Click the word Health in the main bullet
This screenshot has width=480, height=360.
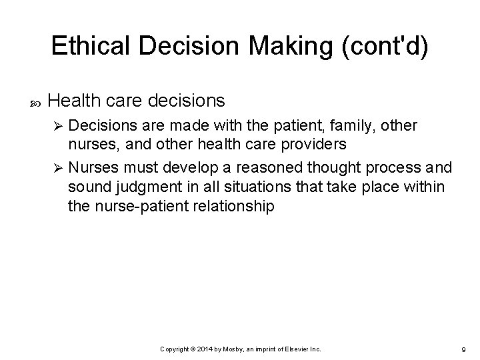(x=74, y=101)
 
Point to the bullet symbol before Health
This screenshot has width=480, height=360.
(x=35, y=102)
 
